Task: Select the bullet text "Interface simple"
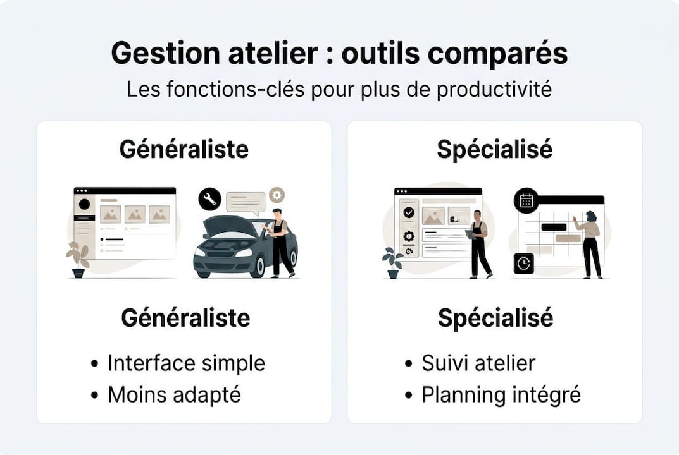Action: pyautogui.click(x=186, y=363)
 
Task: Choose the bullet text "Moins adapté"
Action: pyautogui.click(x=174, y=395)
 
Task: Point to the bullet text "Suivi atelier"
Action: pyautogui.click(x=478, y=363)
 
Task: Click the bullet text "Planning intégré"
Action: pyautogui.click(x=501, y=395)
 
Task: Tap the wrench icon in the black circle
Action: pyautogui.click(x=209, y=200)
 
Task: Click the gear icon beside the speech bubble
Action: pyautogui.click(x=277, y=195)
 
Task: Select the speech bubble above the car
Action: pyautogui.click(x=246, y=202)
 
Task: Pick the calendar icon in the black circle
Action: pyautogui.click(x=526, y=201)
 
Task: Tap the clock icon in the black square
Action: pyautogui.click(x=523, y=264)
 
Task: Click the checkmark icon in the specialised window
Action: pyautogui.click(x=409, y=213)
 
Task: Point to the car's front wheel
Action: pyautogui.click(x=258, y=268)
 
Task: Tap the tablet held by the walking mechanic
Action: pyautogui.click(x=469, y=234)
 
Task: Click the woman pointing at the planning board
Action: pyautogui.click(x=591, y=243)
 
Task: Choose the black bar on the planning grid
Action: pyautogui.click(x=554, y=226)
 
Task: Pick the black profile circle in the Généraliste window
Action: pyautogui.click(x=84, y=204)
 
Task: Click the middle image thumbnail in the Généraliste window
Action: pyautogui.click(x=135, y=214)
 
